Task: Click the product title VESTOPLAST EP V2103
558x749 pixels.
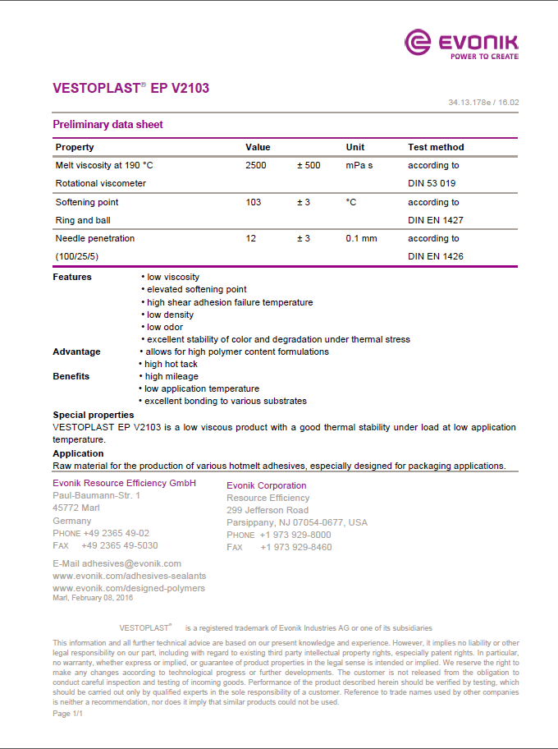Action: (130, 87)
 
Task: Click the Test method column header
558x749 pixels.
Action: (436, 147)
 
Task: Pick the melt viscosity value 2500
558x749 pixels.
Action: (256, 165)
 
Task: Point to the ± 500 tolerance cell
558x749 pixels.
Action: (309, 165)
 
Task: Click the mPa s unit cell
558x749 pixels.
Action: (359, 165)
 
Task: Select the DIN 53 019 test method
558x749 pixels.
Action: (432, 183)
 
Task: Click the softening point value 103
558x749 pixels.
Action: (253, 202)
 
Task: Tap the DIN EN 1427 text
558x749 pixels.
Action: (435, 220)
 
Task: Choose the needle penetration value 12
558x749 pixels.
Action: (251, 238)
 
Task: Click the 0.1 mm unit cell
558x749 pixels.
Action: (362, 238)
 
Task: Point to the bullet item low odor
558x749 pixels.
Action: (165, 327)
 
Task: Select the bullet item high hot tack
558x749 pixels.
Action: (169, 364)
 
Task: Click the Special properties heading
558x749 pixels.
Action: (94, 415)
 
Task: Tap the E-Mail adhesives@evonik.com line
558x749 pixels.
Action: (117, 563)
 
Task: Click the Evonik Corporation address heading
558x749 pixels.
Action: (266, 485)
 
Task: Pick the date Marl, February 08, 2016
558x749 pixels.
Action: (93, 598)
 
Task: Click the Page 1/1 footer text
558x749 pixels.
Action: (67, 714)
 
